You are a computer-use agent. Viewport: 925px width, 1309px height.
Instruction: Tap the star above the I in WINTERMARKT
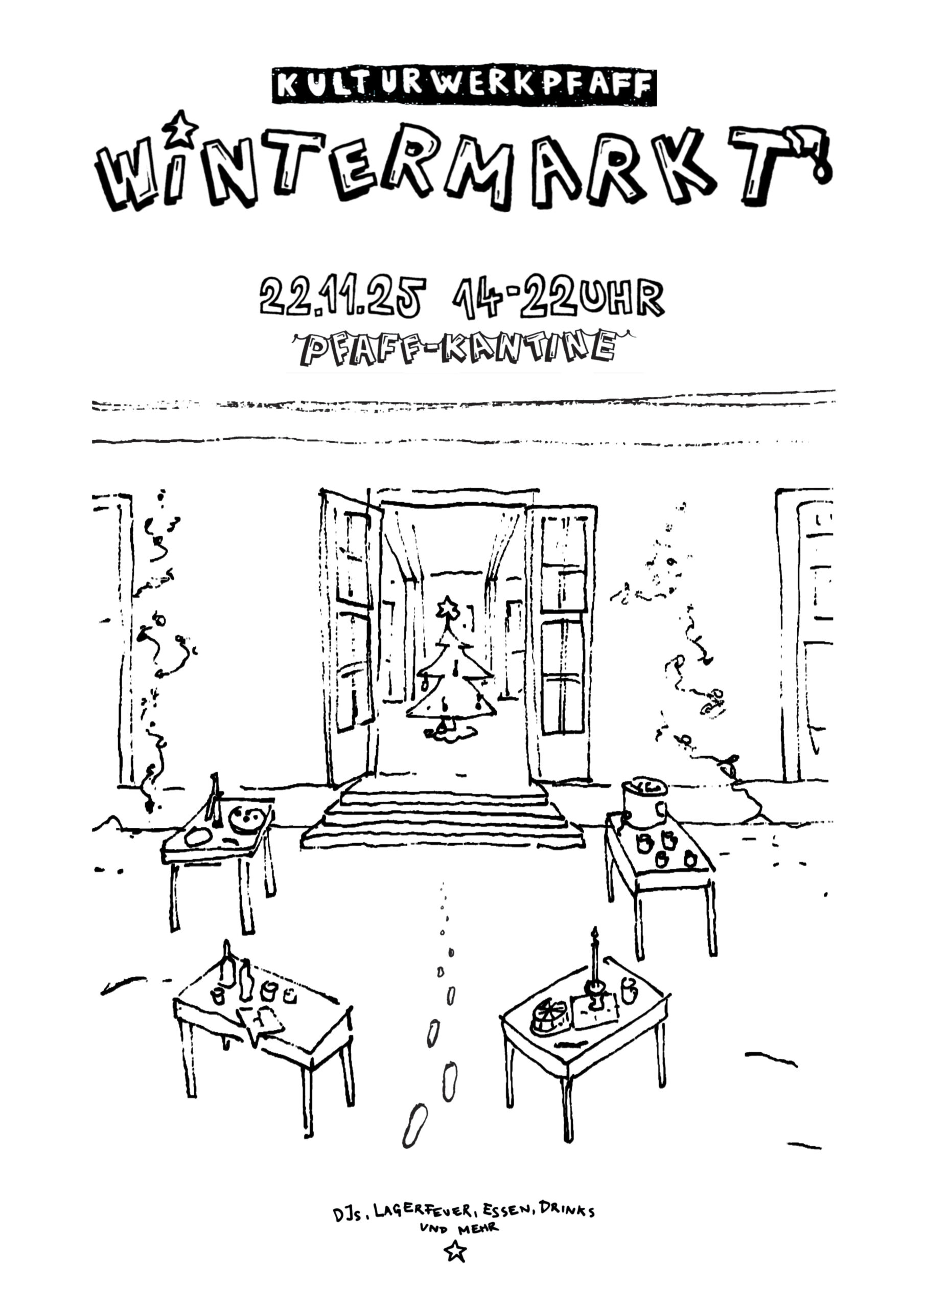click(181, 128)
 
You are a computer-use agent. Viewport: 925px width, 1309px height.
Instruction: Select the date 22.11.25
click(342, 297)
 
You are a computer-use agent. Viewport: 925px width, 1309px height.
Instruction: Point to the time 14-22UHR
click(558, 297)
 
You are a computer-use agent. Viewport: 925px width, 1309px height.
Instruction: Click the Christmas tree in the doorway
click(450, 675)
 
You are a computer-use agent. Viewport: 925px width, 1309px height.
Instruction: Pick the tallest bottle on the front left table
click(227, 964)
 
